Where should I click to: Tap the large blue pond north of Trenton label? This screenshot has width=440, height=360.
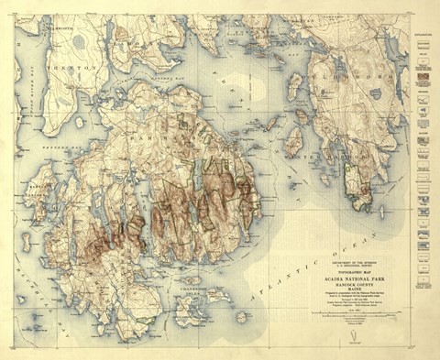pyautogui.click(x=81, y=41)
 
